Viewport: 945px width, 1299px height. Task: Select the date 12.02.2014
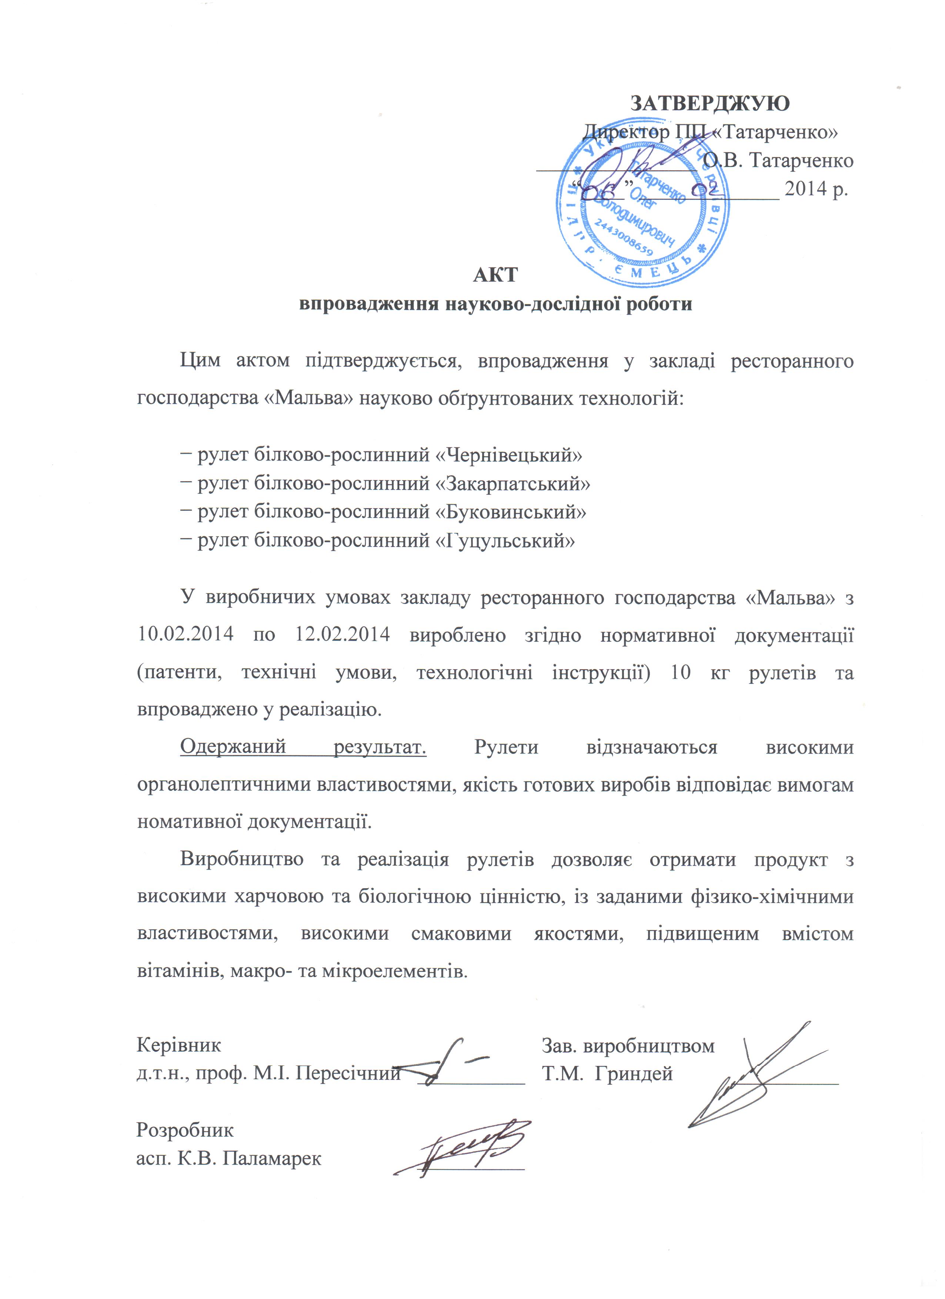pos(342,635)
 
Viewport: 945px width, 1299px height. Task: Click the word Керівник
pos(179,1045)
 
